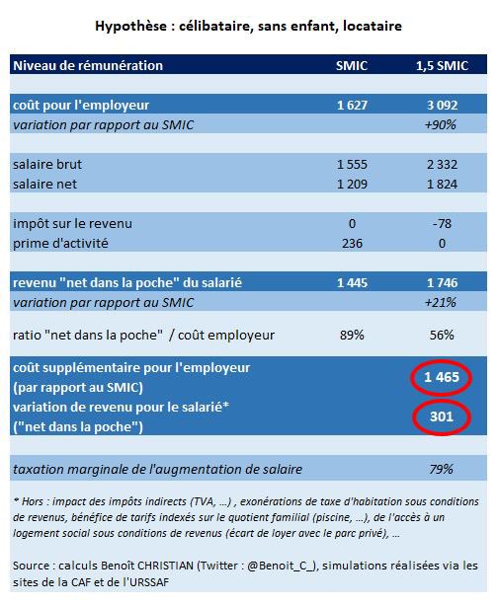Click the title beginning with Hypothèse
(x=248, y=23)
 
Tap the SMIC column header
(x=352, y=65)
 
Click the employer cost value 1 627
(x=352, y=104)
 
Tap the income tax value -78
(x=441, y=223)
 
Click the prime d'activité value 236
(x=352, y=243)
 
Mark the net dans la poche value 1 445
(x=352, y=283)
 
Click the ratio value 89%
(x=352, y=335)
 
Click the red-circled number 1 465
(x=441, y=377)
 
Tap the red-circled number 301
(x=441, y=417)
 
